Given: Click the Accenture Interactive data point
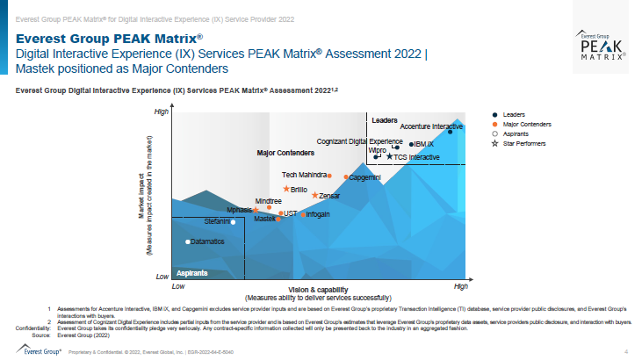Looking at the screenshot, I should (x=451, y=131).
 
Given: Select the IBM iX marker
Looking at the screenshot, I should (x=412, y=144).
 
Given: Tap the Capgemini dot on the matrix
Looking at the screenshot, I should (x=345, y=177).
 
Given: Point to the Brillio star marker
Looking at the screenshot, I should (x=285, y=189).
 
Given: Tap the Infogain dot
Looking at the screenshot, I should (x=303, y=214).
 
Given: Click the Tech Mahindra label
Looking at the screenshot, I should (x=299, y=175).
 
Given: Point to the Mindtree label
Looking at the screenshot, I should (x=268, y=201).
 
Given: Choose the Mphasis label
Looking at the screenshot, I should (x=239, y=210).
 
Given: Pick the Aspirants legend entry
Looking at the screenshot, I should (x=516, y=133).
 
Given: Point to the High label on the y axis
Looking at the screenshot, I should (x=161, y=112).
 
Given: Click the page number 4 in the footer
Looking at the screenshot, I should (x=625, y=351).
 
